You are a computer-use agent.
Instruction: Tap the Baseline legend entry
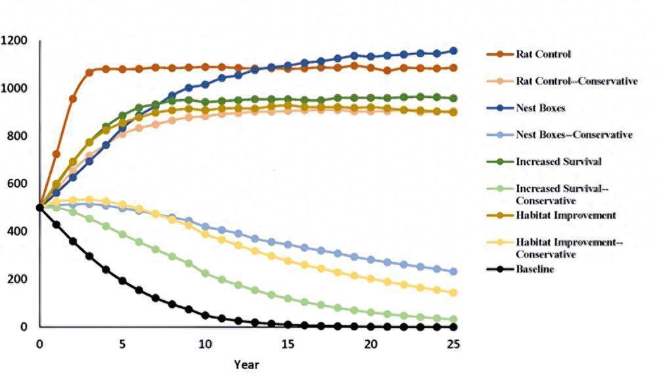click(535, 269)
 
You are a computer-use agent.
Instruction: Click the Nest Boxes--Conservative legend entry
click(574, 135)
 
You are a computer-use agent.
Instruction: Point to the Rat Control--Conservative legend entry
click(576, 81)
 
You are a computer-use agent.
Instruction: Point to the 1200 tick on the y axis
click(14, 41)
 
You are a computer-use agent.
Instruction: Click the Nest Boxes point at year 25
click(453, 51)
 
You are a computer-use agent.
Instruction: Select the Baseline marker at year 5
click(122, 280)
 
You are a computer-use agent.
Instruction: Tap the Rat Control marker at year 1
click(57, 154)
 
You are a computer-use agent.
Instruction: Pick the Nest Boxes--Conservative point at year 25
click(453, 271)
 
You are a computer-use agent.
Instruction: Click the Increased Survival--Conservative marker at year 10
click(205, 273)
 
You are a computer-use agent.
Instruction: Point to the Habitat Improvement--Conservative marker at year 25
click(453, 293)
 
